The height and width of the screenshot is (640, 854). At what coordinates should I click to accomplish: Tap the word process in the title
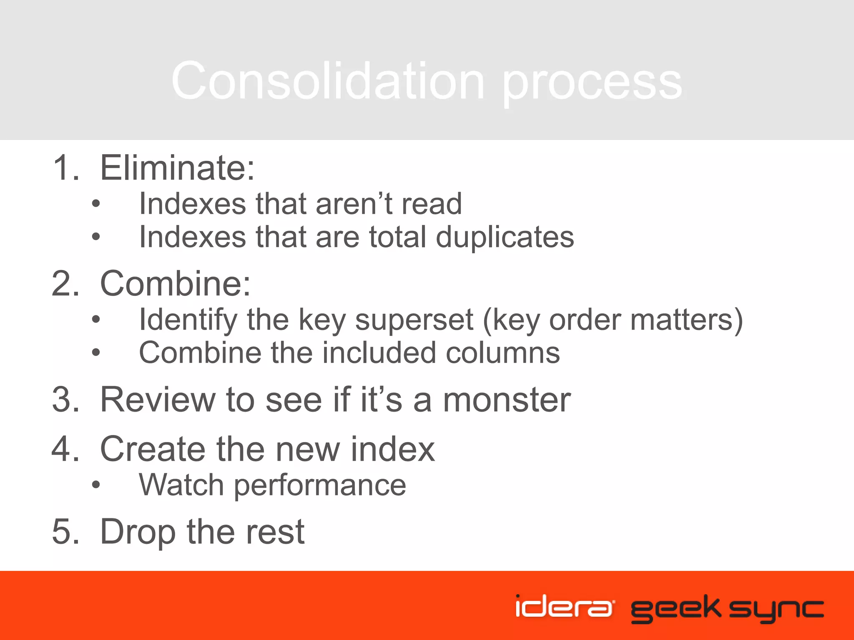(592, 83)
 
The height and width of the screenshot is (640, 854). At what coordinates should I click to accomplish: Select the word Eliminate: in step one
(177, 167)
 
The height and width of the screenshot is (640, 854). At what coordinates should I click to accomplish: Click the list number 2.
(65, 283)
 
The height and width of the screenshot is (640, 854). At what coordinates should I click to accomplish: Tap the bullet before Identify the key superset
(96, 320)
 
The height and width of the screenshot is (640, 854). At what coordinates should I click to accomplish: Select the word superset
(414, 320)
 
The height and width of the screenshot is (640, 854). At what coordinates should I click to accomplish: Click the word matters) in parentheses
(686, 320)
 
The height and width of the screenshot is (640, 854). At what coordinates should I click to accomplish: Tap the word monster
(506, 400)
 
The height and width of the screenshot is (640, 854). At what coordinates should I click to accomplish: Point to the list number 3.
(65, 400)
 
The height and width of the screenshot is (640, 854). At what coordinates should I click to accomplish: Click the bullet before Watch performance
(96, 485)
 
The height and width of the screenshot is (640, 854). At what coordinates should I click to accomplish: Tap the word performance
(320, 486)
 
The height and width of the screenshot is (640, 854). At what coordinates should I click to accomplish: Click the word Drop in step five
(138, 532)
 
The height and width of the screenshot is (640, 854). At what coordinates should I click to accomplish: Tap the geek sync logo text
(727, 608)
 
